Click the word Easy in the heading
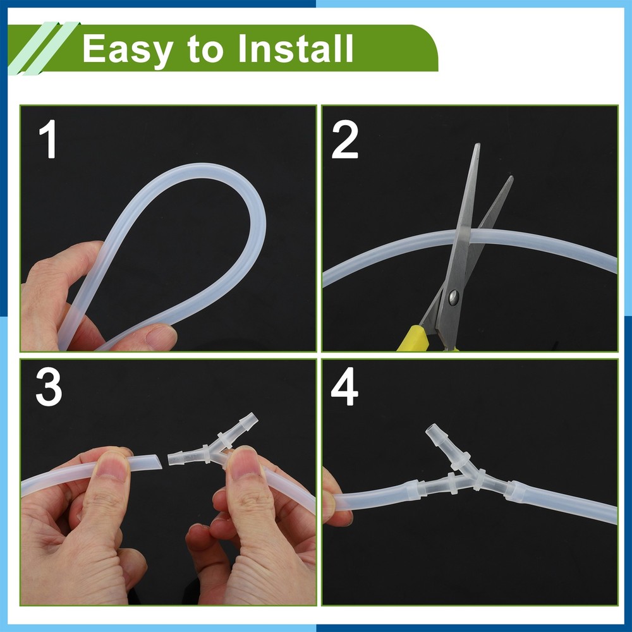(128, 49)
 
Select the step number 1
(49, 140)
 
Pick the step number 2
(344, 141)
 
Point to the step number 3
(49, 387)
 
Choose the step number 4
(344, 387)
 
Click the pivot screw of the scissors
(454, 298)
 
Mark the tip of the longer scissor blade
(478, 144)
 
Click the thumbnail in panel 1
(161, 337)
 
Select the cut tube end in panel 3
(160, 461)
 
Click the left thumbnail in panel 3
(113, 467)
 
